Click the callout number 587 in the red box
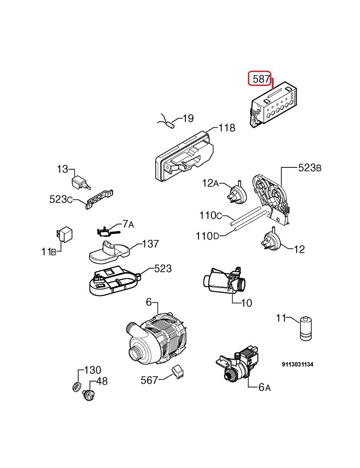tap(261, 79)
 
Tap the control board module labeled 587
tap(273, 104)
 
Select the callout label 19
tap(188, 118)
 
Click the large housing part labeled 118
tap(184, 156)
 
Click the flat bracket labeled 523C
tap(99, 199)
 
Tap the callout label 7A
tap(128, 224)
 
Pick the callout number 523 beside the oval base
tap(163, 269)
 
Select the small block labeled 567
tap(176, 373)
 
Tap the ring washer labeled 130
tap(76, 387)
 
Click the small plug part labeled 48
tap(89, 395)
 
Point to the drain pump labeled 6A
tap(238, 364)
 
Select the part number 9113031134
tap(297, 364)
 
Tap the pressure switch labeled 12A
tap(237, 193)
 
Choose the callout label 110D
tap(207, 236)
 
